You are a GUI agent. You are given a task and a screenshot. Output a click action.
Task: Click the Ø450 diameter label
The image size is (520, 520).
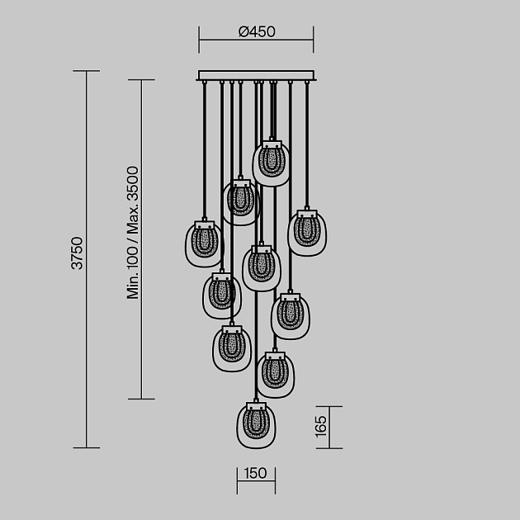tap(257, 32)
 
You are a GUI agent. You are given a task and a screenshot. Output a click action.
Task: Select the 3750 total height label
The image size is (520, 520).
tap(78, 253)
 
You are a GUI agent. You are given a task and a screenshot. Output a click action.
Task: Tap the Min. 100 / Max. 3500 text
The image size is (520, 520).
tap(132, 233)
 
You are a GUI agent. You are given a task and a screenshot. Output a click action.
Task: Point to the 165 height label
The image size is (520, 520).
tap(321, 427)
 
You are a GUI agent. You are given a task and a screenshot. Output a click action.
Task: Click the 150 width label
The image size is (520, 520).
tap(255, 473)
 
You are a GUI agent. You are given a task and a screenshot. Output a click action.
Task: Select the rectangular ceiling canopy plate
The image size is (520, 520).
tap(256, 75)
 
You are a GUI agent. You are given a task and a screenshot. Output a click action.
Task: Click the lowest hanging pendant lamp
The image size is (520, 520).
tap(256, 425)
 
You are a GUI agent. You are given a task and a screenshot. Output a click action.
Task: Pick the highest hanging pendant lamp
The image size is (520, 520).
tap(271, 163)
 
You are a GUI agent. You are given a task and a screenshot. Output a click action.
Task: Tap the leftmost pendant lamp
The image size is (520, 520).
tap(204, 243)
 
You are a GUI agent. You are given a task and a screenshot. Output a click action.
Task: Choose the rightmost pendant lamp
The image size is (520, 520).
tap(307, 233)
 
